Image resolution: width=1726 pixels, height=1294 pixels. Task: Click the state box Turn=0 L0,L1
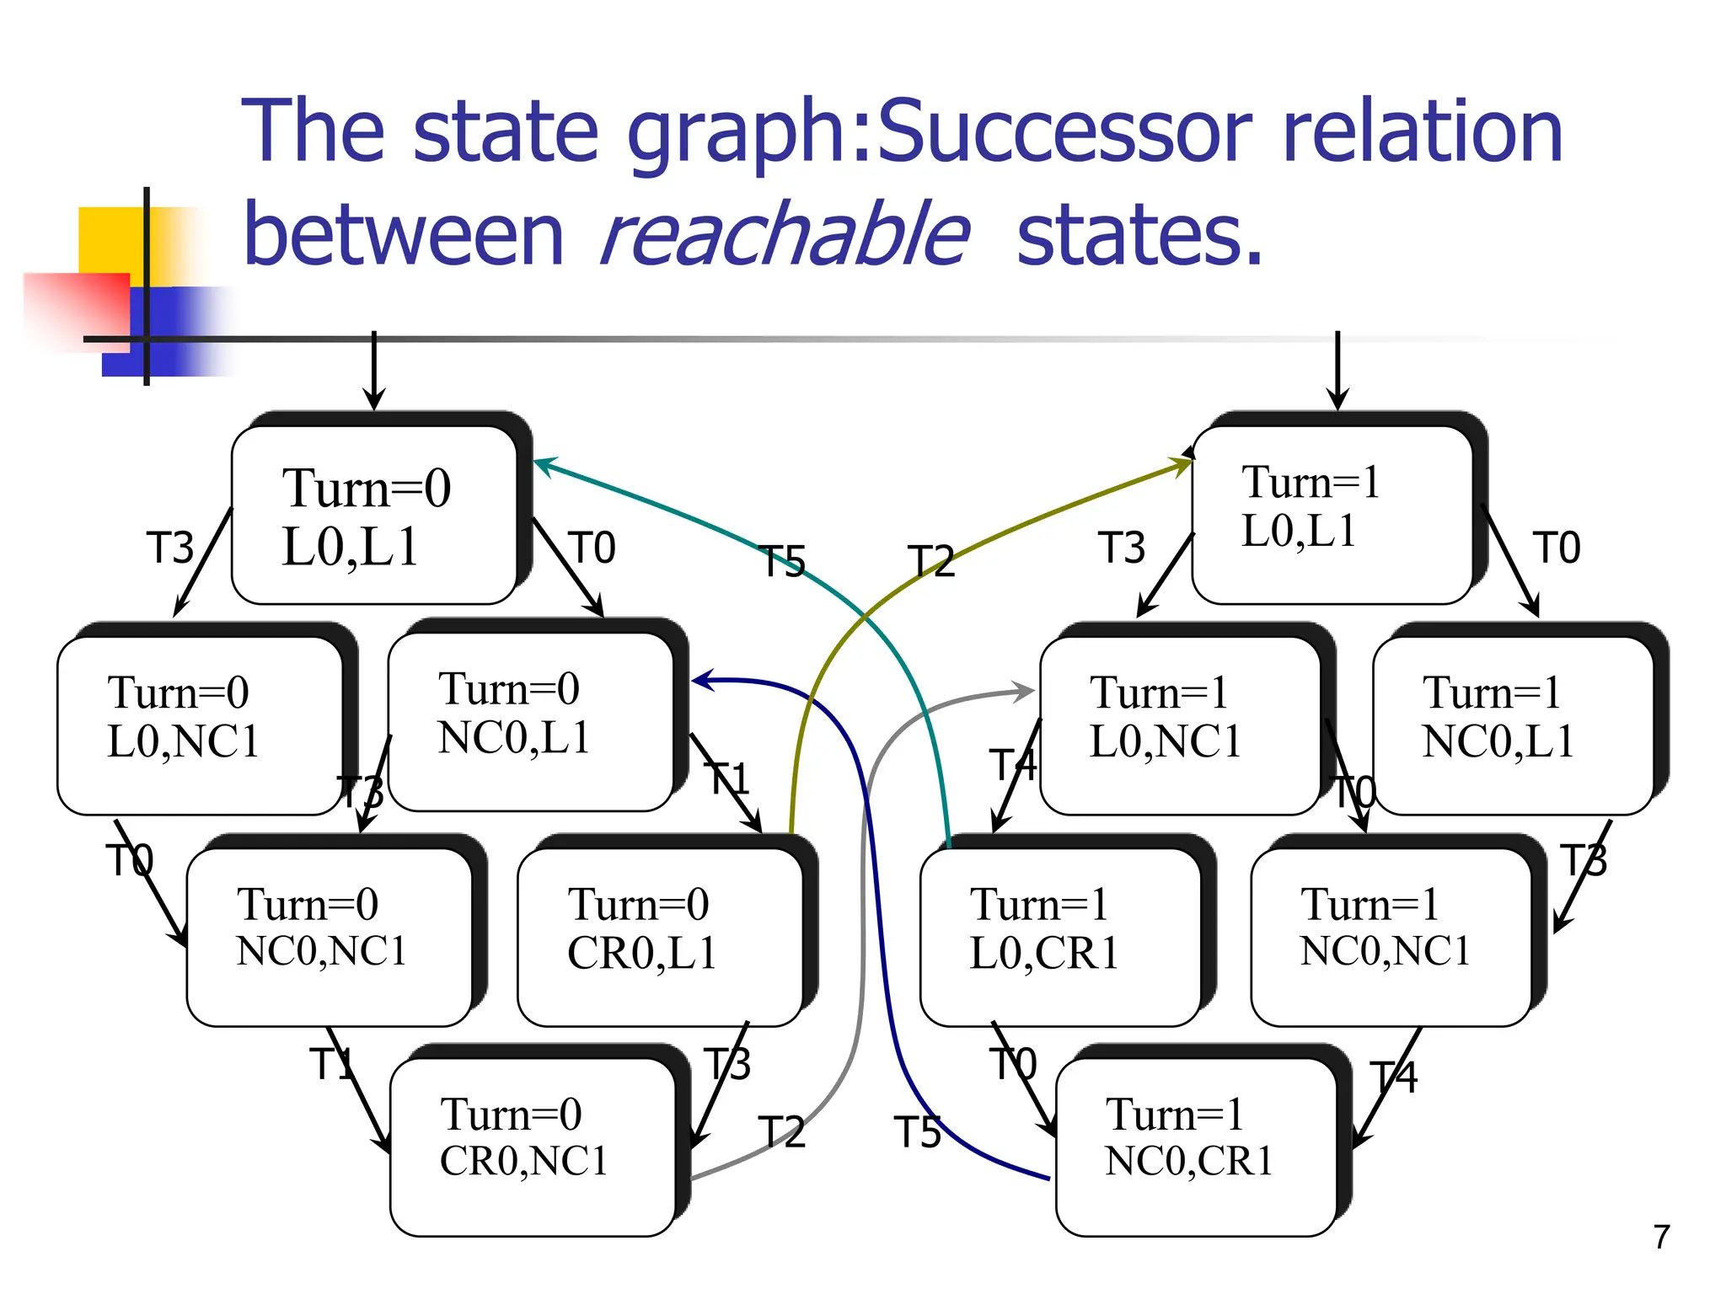373,515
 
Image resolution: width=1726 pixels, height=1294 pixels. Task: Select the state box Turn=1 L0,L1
1332,515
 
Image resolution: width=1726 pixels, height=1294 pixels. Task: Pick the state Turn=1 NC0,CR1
1196,1147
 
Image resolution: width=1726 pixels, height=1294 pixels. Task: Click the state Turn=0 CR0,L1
660,936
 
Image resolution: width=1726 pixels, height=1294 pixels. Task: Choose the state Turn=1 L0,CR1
1060,936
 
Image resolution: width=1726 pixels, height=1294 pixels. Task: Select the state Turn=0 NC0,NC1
329,936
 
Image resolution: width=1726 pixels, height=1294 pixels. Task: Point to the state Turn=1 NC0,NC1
1391,936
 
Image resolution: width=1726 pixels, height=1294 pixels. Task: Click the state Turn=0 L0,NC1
200,725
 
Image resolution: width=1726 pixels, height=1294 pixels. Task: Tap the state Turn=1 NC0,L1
1513,725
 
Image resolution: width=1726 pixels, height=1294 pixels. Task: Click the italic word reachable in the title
784,235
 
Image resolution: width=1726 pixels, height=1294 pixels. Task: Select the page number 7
1661,1237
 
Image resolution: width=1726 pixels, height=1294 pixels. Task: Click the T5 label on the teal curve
783,562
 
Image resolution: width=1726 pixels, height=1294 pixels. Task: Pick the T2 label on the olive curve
931,562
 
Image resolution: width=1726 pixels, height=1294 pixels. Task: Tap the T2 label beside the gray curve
781,1132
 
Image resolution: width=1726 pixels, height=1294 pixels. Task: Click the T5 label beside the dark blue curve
917,1132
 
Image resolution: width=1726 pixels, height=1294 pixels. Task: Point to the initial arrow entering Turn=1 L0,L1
1337,371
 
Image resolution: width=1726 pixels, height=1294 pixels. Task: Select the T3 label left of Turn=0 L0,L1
170,548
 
